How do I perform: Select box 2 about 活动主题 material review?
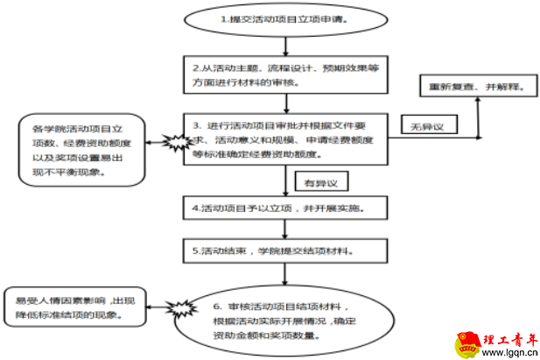[x=285, y=75]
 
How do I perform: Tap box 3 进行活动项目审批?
[x=285, y=138]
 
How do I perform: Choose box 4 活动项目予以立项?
[x=285, y=210]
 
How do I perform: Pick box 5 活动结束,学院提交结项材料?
[x=285, y=251]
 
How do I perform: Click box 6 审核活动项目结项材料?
[x=285, y=319]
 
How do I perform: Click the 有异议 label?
[x=320, y=183]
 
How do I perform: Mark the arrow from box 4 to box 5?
[x=285, y=230]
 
